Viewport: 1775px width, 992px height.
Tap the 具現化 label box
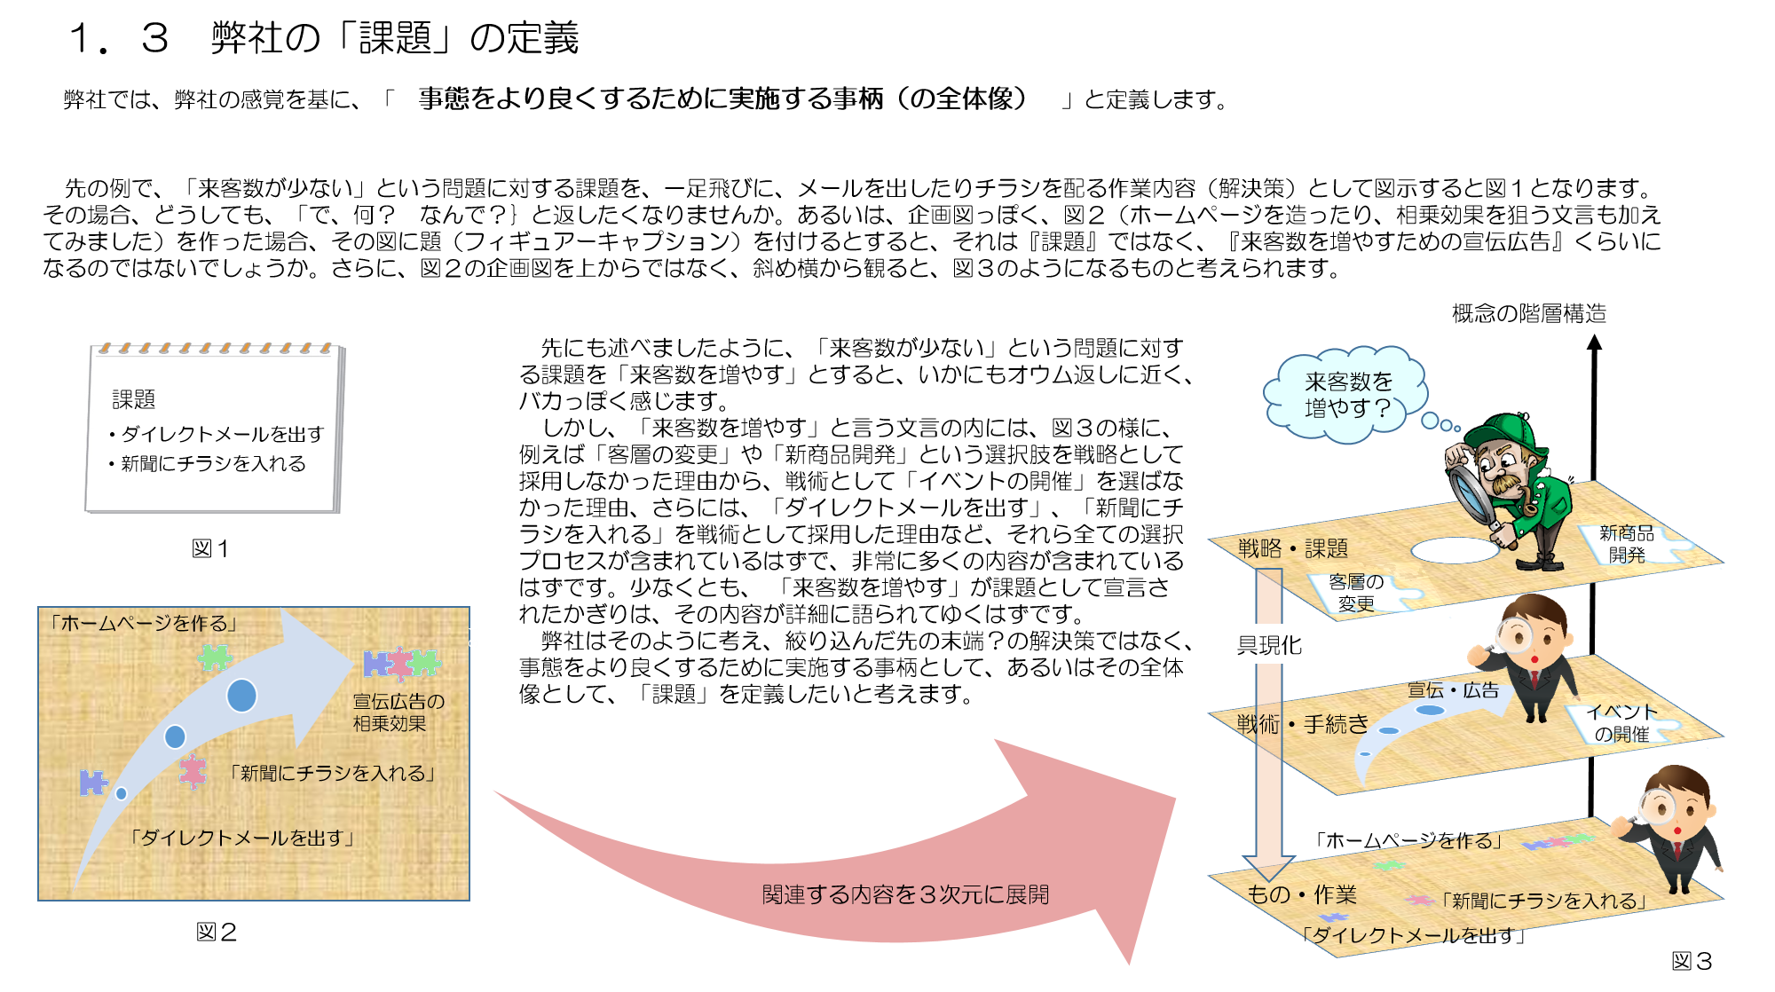point(1269,645)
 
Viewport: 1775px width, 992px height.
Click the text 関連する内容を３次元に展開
point(905,894)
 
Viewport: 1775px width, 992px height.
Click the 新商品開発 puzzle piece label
point(1627,544)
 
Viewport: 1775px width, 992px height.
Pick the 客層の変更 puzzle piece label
point(1356,593)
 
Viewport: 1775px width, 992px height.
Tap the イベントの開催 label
point(1621,723)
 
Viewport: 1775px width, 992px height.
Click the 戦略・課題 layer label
point(1292,548)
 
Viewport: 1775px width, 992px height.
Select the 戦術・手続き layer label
point(1302,724)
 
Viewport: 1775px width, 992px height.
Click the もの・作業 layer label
point(1301,894)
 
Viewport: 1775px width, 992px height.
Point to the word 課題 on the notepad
point(134,399)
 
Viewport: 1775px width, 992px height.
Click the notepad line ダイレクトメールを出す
point(222,434)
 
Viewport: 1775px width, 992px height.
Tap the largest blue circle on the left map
point(241,696)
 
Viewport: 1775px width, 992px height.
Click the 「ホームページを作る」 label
point(143,623)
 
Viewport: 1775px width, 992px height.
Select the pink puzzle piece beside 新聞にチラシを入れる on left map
point(193,771)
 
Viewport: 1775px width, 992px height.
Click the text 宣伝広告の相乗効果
point(398,713)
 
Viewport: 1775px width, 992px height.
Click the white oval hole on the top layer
point(1455,550)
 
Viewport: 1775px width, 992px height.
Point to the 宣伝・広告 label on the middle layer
point(1453,690)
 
